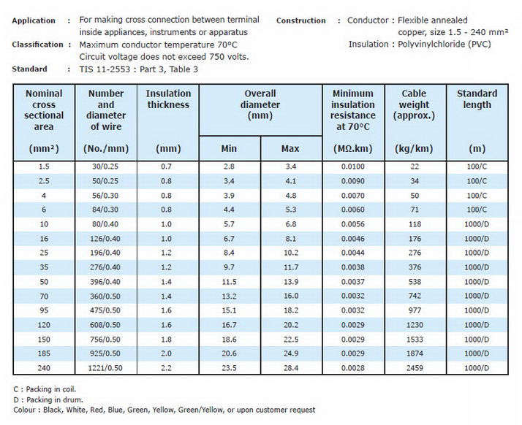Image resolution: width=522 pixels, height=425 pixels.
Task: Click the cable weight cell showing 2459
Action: (415, 368)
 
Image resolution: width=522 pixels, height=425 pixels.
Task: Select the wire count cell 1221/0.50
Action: (105, 368)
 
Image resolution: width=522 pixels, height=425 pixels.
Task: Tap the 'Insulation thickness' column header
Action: (168, 99)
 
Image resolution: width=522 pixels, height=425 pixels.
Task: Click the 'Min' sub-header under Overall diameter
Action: (229, 148)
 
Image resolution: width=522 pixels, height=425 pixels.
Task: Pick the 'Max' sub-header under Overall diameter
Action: (290, 148)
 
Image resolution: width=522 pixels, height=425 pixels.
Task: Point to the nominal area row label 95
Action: (44, 310)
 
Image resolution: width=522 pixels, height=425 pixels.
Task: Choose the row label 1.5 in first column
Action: (44, 166)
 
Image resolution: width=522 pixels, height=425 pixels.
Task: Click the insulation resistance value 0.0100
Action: (353, 166)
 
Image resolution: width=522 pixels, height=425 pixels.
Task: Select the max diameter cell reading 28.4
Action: (291, 368)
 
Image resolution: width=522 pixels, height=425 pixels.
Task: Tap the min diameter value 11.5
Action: (229, 282)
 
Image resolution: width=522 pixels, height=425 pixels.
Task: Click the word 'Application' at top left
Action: (34, 20)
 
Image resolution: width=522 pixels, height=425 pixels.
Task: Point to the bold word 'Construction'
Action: (301, 20)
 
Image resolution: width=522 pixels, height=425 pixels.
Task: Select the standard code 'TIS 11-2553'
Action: (105, 69)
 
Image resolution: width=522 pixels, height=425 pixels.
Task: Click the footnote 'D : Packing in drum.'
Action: (48, 399)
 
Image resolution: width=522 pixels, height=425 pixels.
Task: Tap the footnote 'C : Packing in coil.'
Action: (45, 389)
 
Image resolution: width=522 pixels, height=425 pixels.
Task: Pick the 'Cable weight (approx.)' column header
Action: (414, 104)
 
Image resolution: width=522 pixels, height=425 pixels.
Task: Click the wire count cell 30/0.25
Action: (105, 166)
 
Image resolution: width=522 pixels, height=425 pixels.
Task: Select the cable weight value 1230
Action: (415, 325)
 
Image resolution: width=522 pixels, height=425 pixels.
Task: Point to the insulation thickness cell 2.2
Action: (166, 368)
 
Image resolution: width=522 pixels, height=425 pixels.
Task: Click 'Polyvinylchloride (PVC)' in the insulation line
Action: (445, 45)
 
